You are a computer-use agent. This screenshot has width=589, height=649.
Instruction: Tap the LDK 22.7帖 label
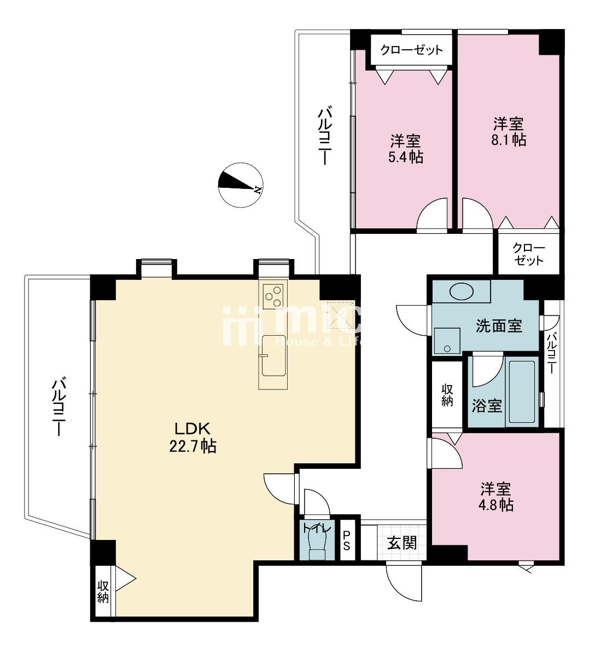(193, 437)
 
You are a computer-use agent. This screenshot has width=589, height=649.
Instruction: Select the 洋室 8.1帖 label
(509, 132)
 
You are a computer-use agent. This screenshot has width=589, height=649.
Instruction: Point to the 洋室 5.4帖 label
(405, 149)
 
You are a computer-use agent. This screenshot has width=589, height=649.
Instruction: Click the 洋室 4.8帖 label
(496, 497)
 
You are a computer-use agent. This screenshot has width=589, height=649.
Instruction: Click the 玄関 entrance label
(402, 543)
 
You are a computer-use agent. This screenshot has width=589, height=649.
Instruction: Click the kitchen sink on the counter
(273, 355)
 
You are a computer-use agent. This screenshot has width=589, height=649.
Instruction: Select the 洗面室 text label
(499, 326)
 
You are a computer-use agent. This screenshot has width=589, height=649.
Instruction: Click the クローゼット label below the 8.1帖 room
(529, 254)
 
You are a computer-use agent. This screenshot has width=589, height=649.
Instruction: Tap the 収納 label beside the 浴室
(447, 395)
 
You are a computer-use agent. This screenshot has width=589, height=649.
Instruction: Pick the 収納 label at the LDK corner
(103, 592)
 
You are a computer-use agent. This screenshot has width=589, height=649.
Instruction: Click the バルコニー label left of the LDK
(59, 406)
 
